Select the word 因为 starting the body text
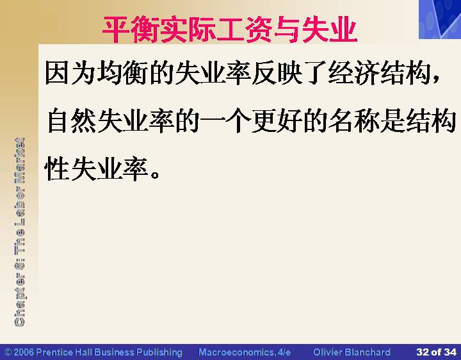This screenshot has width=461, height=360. [70, 72]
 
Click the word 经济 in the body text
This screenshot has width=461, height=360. [354, 72]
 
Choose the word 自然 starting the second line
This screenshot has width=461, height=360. [72, 120]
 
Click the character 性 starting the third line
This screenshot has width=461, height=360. [57, 168]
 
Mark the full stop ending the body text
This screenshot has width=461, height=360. [155, 174]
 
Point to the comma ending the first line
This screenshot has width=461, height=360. [436, 79]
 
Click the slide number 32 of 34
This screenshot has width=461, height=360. [436, 352]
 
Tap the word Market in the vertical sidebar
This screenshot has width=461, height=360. [20, 160]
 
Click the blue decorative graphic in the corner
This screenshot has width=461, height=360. [440, 19]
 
